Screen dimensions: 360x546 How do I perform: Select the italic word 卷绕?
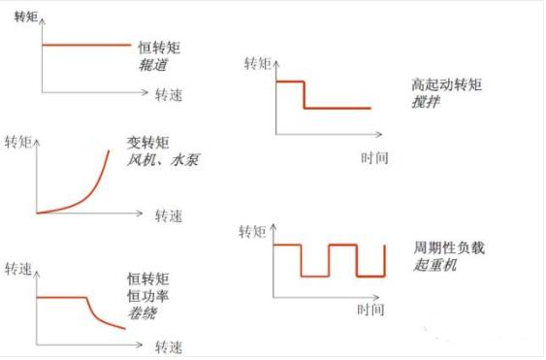point(142,313)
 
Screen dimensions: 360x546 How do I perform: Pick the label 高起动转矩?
point(446,85)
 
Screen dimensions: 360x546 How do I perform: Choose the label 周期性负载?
point(448,247)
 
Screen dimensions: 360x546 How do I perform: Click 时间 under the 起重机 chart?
point(370,311)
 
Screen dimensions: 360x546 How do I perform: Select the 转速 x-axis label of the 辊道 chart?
point(168,96)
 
